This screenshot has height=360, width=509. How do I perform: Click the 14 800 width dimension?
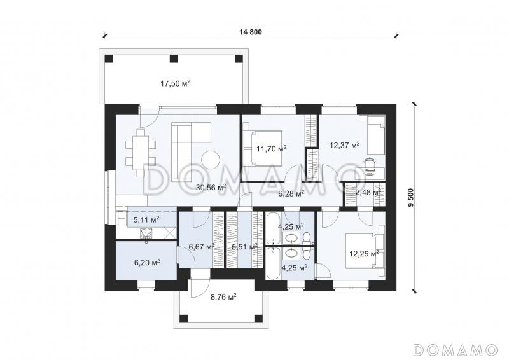coord(251,32)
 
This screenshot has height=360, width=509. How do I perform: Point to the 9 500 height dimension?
coord(411,197)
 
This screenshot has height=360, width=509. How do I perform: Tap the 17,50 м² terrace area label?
coord(176,84)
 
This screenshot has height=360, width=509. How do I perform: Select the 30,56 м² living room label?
coord(211,187)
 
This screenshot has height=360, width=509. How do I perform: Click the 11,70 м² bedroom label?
coord(272,149)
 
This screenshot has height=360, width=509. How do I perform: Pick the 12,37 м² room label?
coord(345,146)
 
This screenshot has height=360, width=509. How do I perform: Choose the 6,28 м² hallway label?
coord(291,194)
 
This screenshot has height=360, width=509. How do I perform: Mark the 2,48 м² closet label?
coord(368,193)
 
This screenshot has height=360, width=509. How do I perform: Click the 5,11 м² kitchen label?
coord(146,220)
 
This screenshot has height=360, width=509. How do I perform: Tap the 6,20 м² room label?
coord(147,262)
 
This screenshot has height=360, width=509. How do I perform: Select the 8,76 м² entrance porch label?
coord(223,296)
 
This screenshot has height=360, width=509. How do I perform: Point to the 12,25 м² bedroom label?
coord(364,253)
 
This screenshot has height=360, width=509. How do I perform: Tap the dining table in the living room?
coord(141,152)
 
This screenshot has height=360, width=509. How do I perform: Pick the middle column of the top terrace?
coord(174,59)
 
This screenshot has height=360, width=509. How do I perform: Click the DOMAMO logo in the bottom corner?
coord(456,349)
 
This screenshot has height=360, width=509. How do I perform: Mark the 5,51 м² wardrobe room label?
coord(245,247)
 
